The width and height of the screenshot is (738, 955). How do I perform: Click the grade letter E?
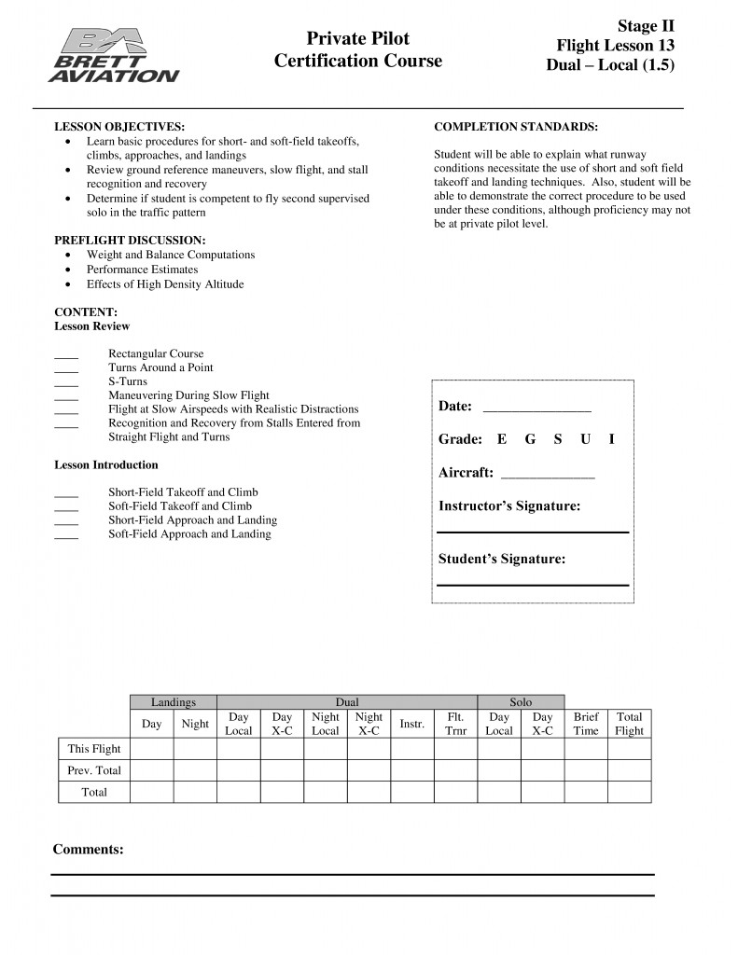tap(502, 439)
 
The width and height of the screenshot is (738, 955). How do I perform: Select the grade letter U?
tap(585, 439)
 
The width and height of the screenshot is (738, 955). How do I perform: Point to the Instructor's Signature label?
tap(509, 505)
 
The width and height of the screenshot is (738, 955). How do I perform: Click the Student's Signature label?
tap(502, 559)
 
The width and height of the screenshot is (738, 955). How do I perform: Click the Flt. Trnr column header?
tap(456, 724)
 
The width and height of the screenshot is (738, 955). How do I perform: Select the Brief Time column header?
tap(586, 724)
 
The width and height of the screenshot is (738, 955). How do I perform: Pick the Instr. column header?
tap(412, 724)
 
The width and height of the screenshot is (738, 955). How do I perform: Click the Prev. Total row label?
tap(94, 770)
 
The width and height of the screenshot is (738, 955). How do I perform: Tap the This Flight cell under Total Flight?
tap(630, 748)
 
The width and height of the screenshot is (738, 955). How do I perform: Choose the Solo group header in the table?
tap(521, 702)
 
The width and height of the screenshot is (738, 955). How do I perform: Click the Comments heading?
tap(88, 849)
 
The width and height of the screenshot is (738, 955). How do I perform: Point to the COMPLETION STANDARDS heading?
tap(516, 126)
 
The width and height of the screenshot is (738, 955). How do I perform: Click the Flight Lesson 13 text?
tap(616, 45)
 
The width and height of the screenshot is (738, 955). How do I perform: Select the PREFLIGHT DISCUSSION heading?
tap(130, 240)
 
